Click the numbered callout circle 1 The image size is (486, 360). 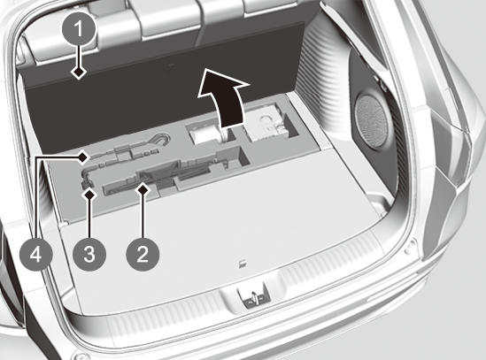click(79, 29)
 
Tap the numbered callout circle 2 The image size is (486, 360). click(143, 255)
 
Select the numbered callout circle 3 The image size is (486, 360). click(89, 255)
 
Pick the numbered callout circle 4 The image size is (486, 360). click(36, 256)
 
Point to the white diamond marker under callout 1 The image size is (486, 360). click(79, 73)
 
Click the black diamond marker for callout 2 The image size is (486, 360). click(143, 189)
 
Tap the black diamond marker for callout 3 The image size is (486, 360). click(89, 195)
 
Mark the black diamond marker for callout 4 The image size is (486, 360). click(82, 157)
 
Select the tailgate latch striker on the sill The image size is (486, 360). click(253, 295)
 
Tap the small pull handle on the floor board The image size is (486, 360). click(243, 264)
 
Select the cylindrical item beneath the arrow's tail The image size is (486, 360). click(207, 134)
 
